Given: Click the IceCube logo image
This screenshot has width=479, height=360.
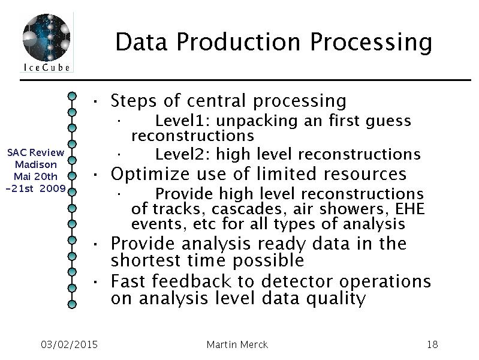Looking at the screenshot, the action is coord(46,42).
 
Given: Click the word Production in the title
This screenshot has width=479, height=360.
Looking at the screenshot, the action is coord(239,42).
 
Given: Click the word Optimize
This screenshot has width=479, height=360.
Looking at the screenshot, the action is coord(150,174).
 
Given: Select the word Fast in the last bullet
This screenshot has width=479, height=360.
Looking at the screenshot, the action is coord(128,281).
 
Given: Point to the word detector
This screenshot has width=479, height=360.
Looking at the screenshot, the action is coord(297,281).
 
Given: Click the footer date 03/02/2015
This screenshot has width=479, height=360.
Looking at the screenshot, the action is coord(69,344).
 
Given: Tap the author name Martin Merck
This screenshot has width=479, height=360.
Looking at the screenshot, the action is coord(237,344).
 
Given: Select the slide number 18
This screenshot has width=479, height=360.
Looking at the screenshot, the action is coord(432,344).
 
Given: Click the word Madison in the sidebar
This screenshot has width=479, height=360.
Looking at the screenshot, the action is coord(36,164).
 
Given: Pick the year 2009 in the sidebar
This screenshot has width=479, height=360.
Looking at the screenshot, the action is coord(53,188).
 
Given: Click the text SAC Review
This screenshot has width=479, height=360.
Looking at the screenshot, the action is coord(36,152).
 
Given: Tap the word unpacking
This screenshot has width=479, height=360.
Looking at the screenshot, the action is coord(257,121).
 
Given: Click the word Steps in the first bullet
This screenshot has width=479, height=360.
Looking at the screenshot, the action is coord(134,101).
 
